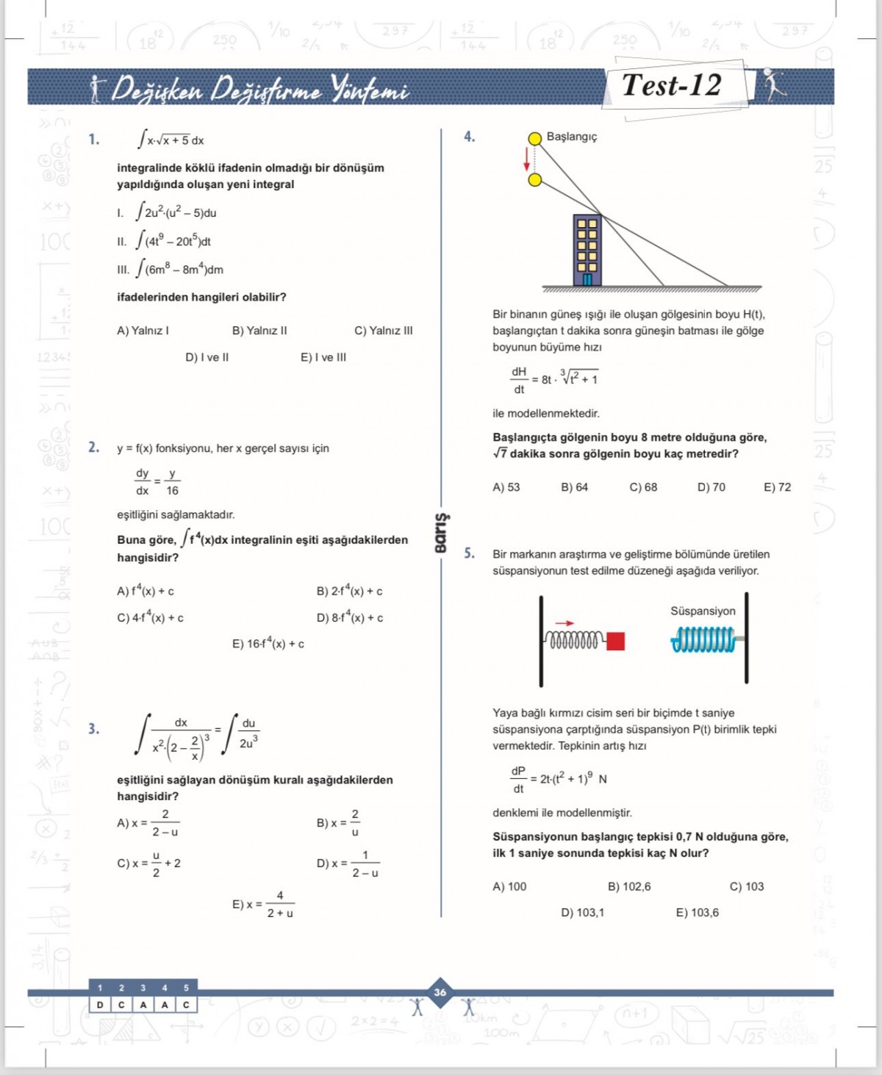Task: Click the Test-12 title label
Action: pyautogui.click(x=672, y=85)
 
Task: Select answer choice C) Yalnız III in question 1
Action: pyautogui.click(x=383, y=331)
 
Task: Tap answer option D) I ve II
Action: pyautogui.click(x=207, y=358)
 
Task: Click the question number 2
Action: pyautogui.click(x=94, y=447)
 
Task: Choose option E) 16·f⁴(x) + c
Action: pyautogui.click(x=268, y=644)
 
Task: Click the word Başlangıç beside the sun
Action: pyautogui.click(x=571, y=137)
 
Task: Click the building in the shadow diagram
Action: pyautogui.click(x=587, y=250)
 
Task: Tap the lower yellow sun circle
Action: pyautogui.click(x=535, y=180)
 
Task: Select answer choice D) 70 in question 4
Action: pyautogui.click(x=711, y=487)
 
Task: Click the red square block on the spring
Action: pyautogui.click(x=616, y=641)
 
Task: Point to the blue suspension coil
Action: pyautogui.click(x=703, y=640)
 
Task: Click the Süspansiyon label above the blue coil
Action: pyautogui.click(x=703, y=611)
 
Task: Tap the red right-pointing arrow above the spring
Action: pyautogui.click(x=564, y=623)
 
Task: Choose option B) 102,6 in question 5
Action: pyautogui.click(x=629, y=887)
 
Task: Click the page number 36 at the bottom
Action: pyautogui.click(x=440, y=992)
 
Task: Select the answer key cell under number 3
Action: pyautogui.click(x=143, y=1004)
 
